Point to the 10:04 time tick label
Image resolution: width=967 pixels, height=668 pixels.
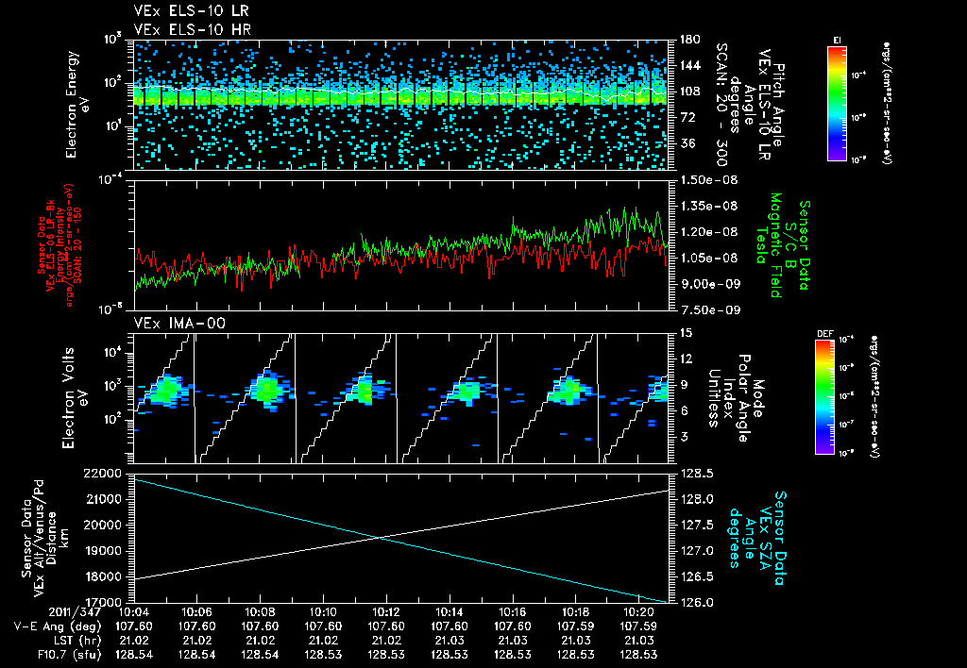pos(133,611)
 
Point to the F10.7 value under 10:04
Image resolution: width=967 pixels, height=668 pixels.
pos(133,653)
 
